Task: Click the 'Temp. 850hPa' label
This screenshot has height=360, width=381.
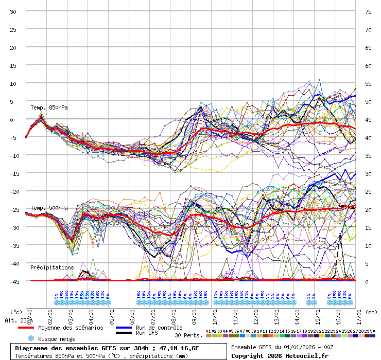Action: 49,107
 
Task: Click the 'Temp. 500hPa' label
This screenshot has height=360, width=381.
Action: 49,208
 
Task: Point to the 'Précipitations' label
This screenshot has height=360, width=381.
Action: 51,267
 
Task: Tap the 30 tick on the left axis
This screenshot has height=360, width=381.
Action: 13,11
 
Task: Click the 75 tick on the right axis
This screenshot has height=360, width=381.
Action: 368,11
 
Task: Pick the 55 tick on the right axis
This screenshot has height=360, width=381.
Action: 368,83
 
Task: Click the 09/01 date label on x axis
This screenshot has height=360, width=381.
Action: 194,314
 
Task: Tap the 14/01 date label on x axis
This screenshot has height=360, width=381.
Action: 298,314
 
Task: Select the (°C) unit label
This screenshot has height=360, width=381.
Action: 16,312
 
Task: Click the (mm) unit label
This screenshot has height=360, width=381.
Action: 372,312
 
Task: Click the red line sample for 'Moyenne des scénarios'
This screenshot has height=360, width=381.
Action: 33,328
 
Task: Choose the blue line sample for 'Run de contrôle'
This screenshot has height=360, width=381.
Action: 124,328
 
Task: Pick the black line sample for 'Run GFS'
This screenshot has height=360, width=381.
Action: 124,333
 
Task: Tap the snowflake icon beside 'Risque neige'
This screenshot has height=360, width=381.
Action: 30,338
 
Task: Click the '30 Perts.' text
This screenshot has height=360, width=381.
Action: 188,335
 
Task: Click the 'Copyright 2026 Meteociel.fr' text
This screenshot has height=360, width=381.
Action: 280,355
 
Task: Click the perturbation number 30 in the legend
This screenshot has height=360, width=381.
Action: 372,331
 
